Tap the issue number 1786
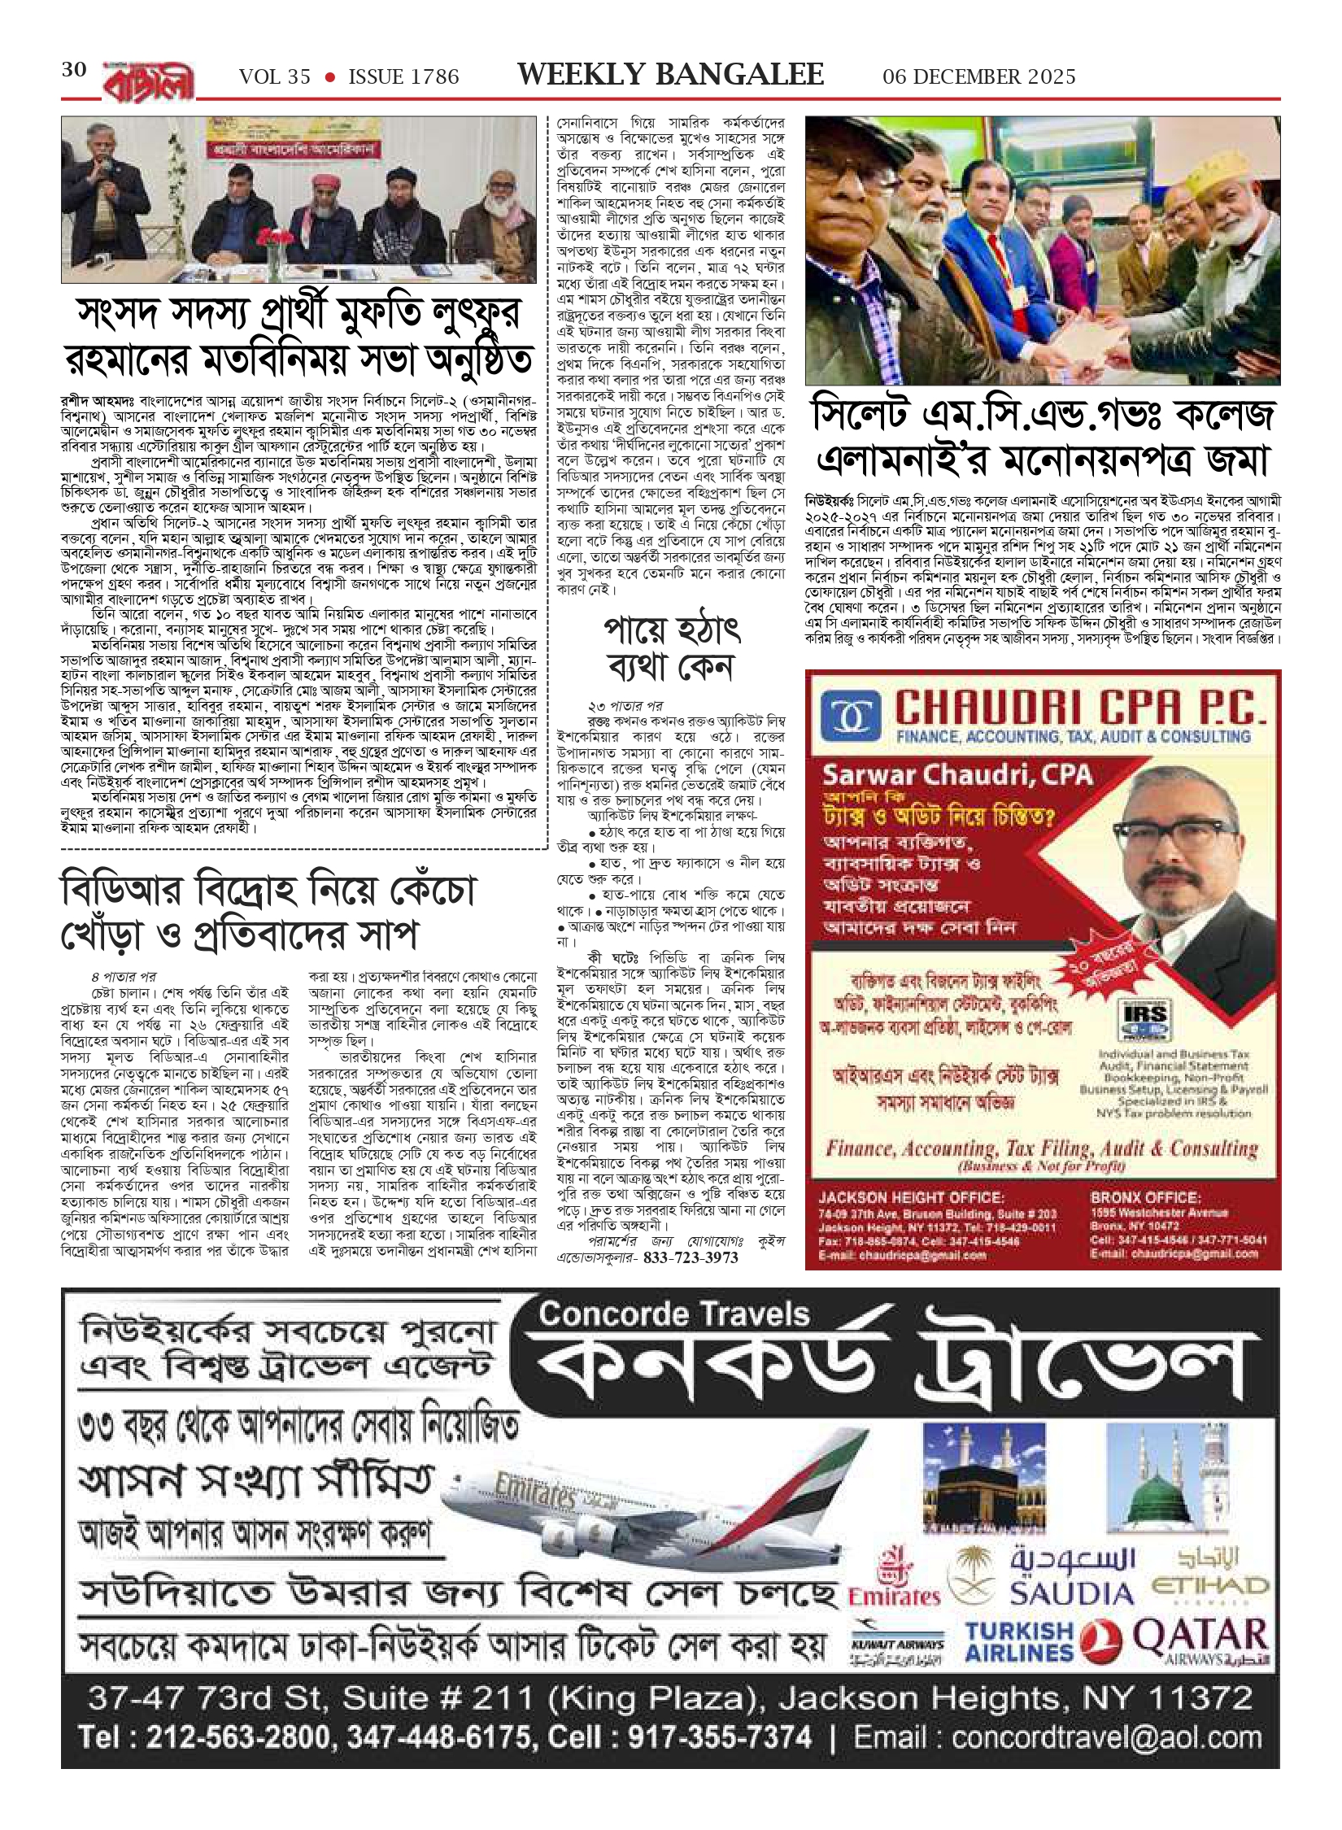(x=429, y=77)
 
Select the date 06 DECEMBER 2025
(x=978, y=77)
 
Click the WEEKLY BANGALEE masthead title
(x=670, y=75)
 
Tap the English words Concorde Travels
(x=674, y=1315)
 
